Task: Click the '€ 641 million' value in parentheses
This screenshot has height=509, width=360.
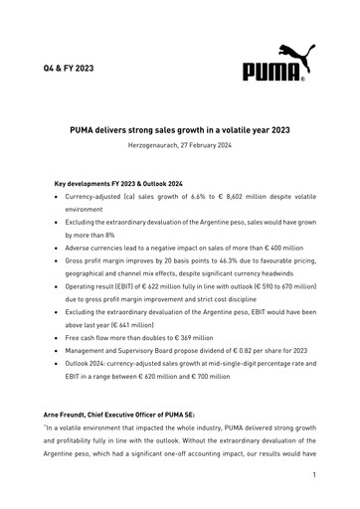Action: [131, 321]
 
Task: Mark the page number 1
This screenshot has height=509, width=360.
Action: [313, 475]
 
